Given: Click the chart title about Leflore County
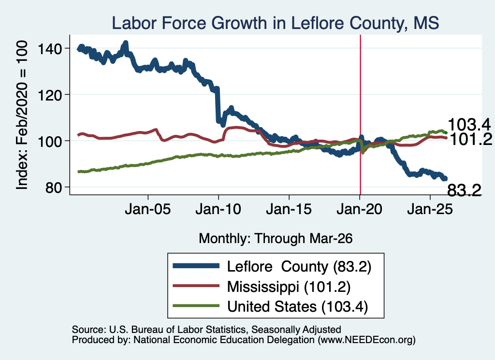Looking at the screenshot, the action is click(275, 23).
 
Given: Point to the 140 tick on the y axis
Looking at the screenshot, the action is click(50, 49).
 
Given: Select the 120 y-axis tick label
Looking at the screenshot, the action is click(50, 95).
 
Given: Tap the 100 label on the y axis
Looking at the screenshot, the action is click(50, 141).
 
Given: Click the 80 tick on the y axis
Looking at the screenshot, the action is click(53, 187).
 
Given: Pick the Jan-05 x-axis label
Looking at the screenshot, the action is click(148, 209).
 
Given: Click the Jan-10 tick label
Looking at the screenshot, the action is click(218, 209).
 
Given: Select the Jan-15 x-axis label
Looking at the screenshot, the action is click(289, 209).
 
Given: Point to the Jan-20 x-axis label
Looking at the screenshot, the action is click(359, 209).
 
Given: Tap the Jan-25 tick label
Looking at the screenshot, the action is click(430, 209).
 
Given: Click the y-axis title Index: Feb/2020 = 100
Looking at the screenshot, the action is click(22, 115).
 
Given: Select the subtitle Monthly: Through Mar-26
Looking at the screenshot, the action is click(276, 239).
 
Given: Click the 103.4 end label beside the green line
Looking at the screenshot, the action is click(469, 125).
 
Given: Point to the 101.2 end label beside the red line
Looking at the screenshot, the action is click(470, 139).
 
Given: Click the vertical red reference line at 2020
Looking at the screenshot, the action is click(360, 115).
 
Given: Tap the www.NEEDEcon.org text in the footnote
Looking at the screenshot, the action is click(366, 340).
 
